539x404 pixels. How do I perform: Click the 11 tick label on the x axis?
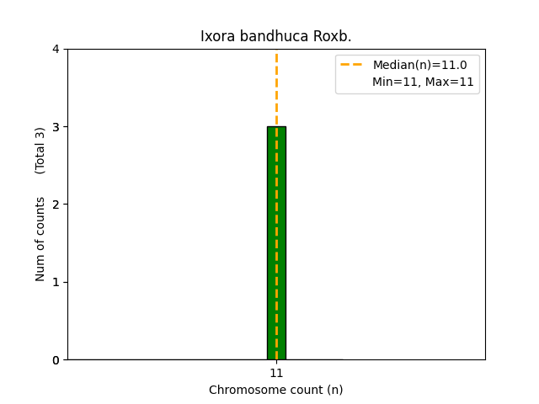pos(276,373)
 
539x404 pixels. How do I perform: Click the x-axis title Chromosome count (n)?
pos(276,390)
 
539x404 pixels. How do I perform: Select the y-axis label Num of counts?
pos(40,239)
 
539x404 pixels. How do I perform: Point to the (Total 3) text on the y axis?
pos(40,151)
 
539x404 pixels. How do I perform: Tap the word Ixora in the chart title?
pos(216,37)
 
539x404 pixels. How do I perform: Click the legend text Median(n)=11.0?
pos(419,65)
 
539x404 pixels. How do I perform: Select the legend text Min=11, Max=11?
pos(423,82)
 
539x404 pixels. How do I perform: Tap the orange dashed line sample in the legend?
pos(352,65)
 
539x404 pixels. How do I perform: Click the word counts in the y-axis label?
pos(40,215)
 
